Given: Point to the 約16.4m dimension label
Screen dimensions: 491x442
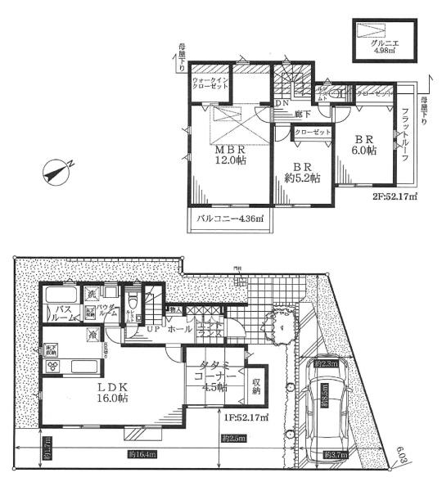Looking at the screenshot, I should click(x=143, y=454).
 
